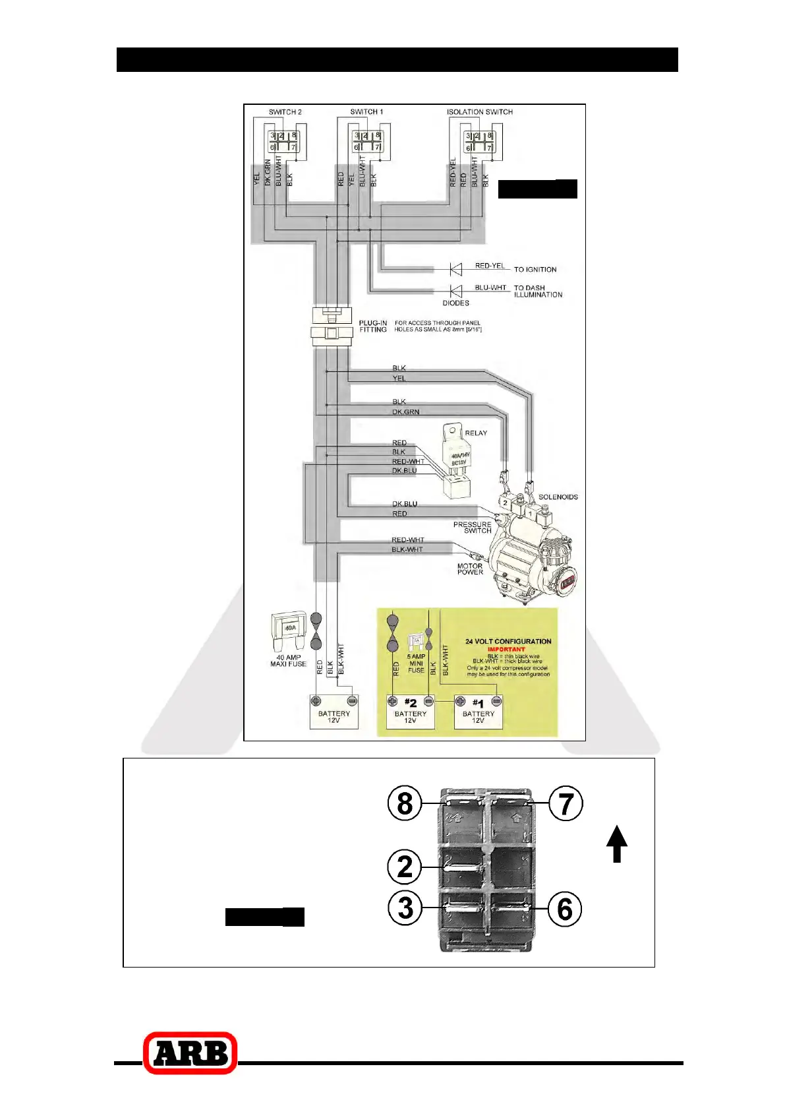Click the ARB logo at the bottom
(x=190, y=1053)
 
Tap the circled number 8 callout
(x=405, y=804)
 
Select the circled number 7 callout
(x=566, y=804)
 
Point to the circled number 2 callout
(x=405, y=867)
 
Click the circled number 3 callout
(x=405, y=908)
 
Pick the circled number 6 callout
(x=565, y=909)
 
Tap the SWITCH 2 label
(x=285, y=112)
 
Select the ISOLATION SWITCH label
(x=479, y=112)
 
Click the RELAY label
(x=476, y=433)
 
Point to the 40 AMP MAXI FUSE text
(x=288, y=661)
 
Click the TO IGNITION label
(x=535, y=270)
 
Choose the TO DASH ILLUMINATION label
(x=538, y=292)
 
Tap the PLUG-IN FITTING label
(x=373, y=326)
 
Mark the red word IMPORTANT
(x=506, y=649)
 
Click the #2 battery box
(x=411, y=712)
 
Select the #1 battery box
(x=479, y=712)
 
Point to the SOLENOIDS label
(x=558, y=497)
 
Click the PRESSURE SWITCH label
(x=473, y=528)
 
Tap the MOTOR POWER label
(x=470, y=569)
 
